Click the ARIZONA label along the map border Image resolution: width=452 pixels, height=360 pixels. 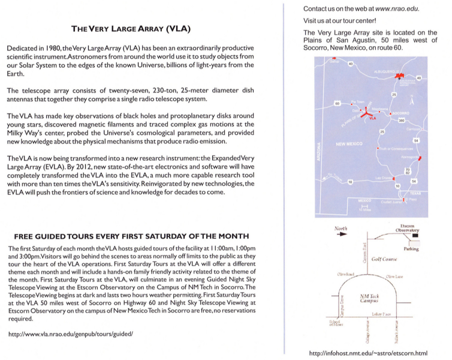tap(319, 157)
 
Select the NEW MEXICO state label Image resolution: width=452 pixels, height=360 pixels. tap(350, 145)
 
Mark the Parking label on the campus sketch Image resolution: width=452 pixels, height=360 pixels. tap(411, 249)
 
